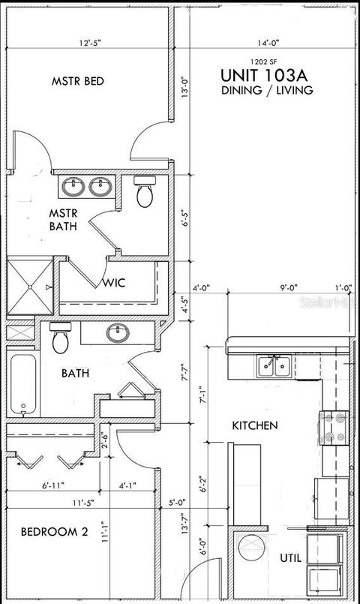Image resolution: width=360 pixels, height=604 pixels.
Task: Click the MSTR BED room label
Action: point(77,81)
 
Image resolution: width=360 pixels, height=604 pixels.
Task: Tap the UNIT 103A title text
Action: point(266,75)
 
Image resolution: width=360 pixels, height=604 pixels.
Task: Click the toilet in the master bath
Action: point(145,193)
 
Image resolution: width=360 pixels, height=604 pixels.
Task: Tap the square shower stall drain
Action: point(29,286)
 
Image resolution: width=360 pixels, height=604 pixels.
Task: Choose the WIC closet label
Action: point(114,283)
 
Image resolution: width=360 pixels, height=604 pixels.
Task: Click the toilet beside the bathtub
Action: point(61,338)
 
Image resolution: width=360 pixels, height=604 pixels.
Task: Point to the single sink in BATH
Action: point(118,332)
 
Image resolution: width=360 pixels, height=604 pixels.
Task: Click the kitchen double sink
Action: point(274,366)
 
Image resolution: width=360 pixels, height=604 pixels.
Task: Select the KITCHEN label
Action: point(254,425)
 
